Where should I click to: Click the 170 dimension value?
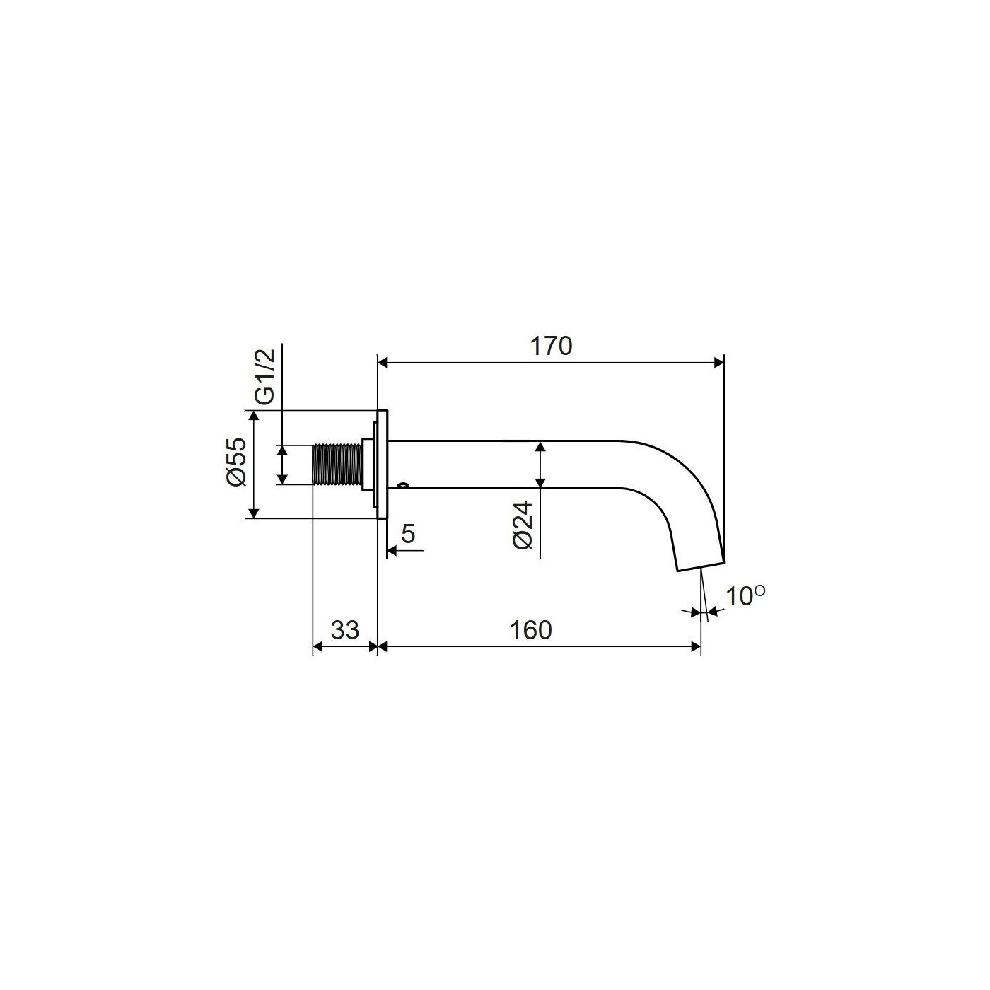pyautogui.click(x=551, y=346)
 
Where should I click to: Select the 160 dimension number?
pyautogui.click(x=530, y=630)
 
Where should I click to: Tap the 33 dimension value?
pyautogui.click(x=344, y=630)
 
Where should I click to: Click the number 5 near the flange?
pyautogui.click(x=408, y=535)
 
